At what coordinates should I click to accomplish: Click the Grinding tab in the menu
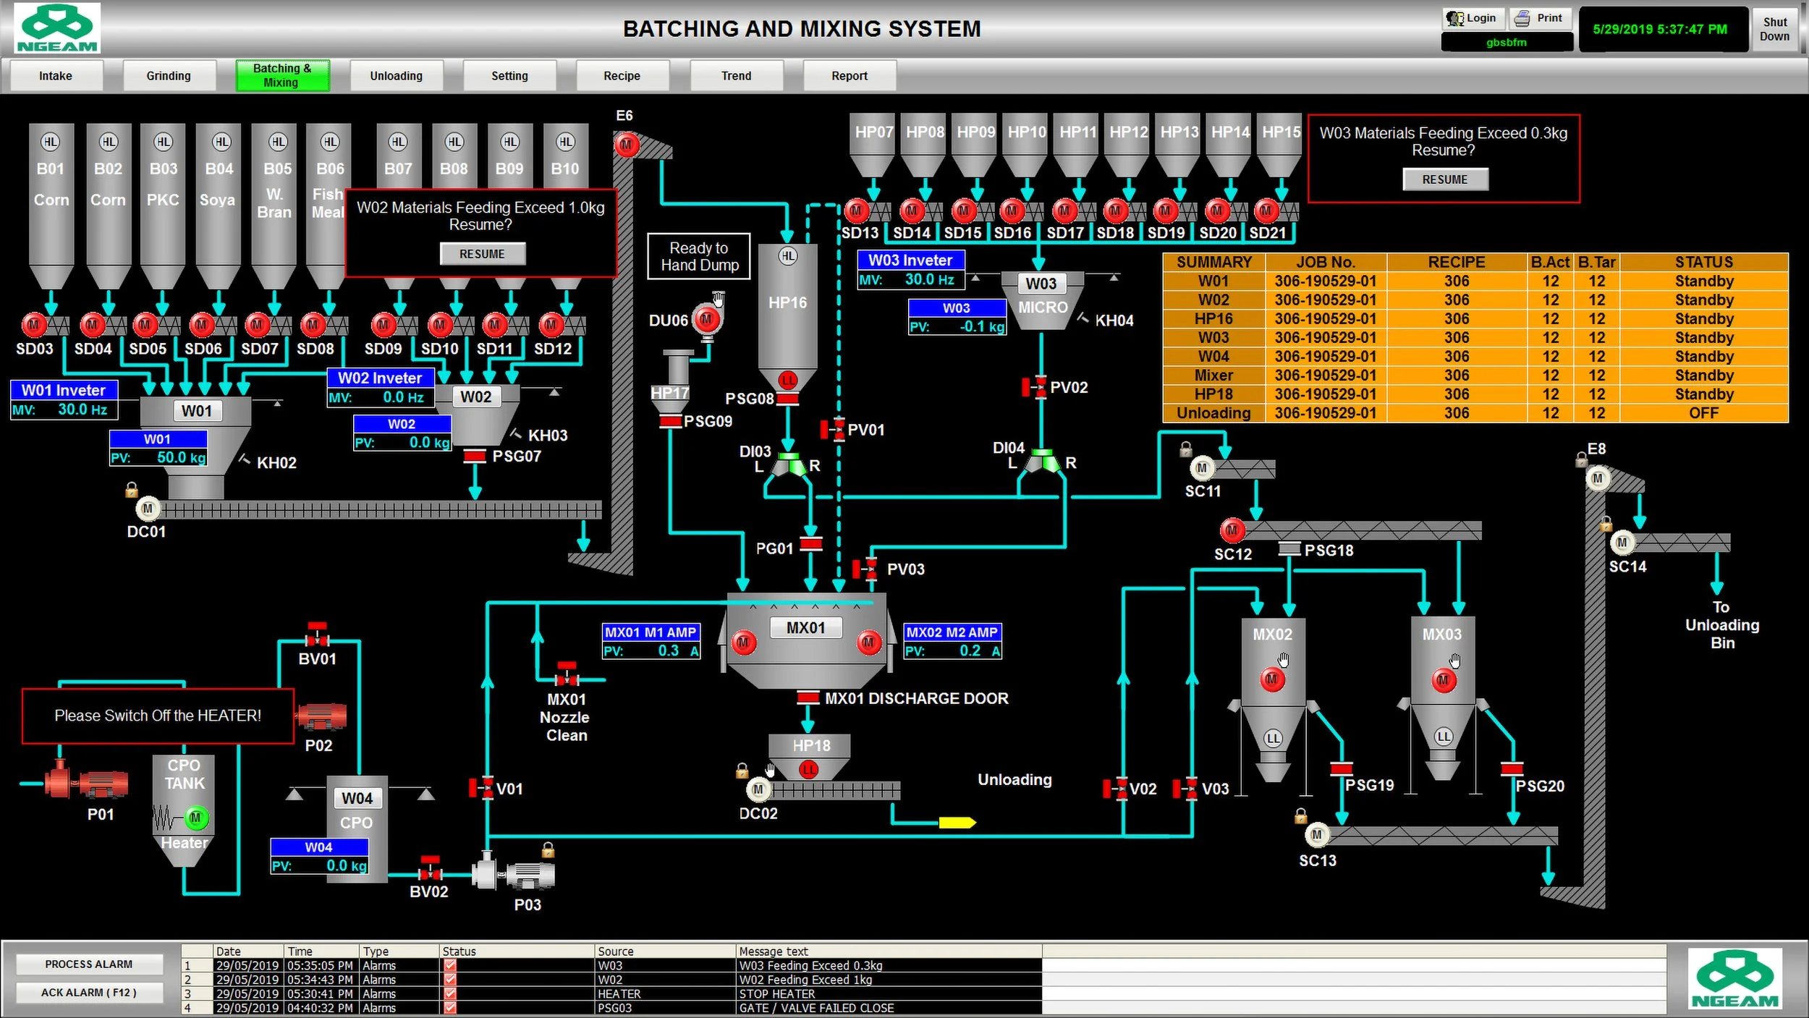[x=169, y=76]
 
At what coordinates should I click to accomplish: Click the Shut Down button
[x=1774, y=30]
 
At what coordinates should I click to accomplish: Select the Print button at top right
[x=1541, y=18]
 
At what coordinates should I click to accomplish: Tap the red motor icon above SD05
[x=145, y=325]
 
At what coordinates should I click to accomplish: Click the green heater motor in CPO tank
[x=195, y=818]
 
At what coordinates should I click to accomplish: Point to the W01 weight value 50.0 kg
[x=181, y=457]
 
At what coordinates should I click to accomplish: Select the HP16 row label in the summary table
[x=1213, y=319]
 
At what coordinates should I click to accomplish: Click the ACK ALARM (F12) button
[x=88, y=993]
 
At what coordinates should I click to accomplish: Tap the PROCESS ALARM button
[x=88, y=964]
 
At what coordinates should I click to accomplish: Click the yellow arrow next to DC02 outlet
[x=957, y=823]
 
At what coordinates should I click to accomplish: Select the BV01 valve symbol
[x=317, y=638]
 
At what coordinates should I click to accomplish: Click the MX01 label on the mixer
[x=805, y=628]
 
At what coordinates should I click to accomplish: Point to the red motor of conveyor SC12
[x=1232, y=530]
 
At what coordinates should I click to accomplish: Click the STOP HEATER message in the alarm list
[x=776, y=994]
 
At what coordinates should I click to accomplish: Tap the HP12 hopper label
[x=1128, y=132]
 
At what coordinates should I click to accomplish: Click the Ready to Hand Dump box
[x=699, y=257]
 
